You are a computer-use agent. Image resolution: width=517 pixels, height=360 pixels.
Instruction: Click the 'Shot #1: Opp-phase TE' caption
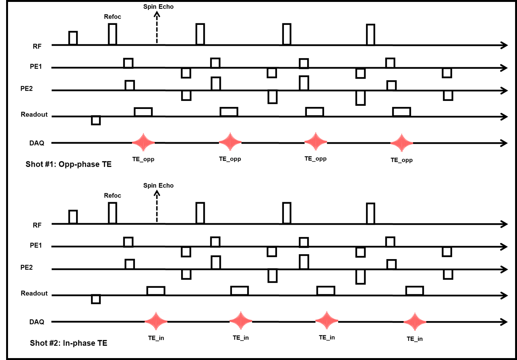point(68,164)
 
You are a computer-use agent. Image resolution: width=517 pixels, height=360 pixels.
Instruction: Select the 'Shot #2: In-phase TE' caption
point(68,343)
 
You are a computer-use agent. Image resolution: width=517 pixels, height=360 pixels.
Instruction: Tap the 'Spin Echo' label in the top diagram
point(158,7)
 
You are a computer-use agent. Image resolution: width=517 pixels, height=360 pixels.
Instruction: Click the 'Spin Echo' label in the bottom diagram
point(158,186)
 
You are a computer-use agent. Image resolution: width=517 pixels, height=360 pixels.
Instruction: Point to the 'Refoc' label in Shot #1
point(112,17)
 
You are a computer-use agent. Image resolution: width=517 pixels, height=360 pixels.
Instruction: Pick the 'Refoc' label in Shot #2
point(112,196)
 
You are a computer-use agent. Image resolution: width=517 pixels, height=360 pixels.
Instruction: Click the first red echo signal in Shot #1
point(143,143)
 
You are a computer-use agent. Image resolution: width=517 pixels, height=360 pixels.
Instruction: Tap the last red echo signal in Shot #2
point(415,322)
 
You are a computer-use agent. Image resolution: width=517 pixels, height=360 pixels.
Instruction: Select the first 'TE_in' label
point(156,338)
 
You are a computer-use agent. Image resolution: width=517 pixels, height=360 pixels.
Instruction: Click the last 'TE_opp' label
point(402,160)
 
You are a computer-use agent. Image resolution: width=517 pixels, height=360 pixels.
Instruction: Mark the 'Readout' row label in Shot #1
point(34,115)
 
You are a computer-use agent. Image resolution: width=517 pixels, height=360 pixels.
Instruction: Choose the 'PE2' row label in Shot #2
point(26,268)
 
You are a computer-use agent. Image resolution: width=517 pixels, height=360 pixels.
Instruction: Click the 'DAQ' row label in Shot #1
point(37,143)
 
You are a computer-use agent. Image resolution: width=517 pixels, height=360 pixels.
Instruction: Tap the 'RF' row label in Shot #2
point(37,225)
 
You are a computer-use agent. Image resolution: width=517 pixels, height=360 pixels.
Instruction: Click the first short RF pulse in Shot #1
point(73,38)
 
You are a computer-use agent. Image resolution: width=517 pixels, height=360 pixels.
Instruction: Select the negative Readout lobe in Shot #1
point(96,120)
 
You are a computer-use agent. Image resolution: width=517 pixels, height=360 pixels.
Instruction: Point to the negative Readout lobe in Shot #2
point(96,299)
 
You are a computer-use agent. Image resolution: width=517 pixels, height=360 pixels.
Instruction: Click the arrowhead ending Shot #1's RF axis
point(504,45)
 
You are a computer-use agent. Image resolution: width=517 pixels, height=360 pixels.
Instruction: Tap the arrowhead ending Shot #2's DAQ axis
point(504,322)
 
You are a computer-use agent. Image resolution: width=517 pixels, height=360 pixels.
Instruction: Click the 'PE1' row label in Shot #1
point(36,66)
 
